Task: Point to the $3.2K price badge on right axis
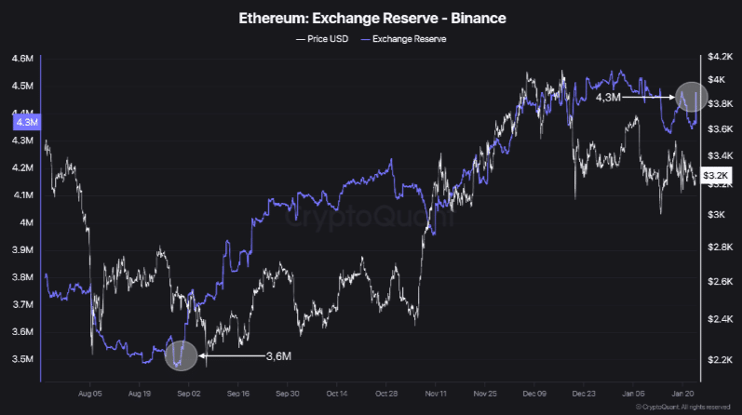click(x=714, y=174)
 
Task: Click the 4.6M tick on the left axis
click(x=22, y=60)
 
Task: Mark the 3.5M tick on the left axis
click(x=22, y=359)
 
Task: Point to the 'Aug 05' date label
click(x=90, y=395)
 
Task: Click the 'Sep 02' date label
click(x=189, y=395)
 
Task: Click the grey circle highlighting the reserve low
click(x=182, y=355)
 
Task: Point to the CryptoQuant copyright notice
click(x=687, y=408)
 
